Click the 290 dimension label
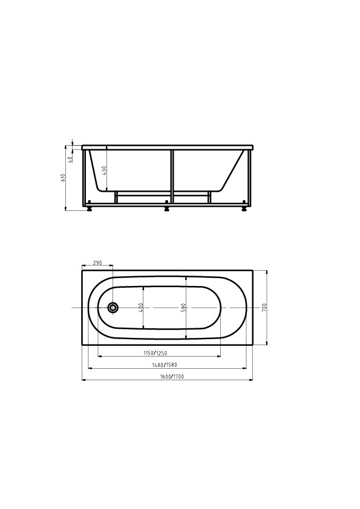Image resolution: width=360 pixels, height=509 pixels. tap(97, 262)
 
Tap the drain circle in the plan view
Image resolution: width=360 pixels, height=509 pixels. tap(113, 307)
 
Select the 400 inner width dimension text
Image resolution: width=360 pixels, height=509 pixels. tap(141, 307)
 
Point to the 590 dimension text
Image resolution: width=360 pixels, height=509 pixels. tap(183, 308)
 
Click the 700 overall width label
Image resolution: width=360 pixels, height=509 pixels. tap(264, 307)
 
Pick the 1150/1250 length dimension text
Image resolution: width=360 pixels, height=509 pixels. tap(155, 353)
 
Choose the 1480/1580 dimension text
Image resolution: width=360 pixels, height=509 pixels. tap(165, 365)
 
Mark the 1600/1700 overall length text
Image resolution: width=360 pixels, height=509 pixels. tap(172, 377)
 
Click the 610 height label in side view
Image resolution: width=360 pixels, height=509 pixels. tap(64, 177)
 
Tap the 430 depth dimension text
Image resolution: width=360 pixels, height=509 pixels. tap(104, 170)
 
